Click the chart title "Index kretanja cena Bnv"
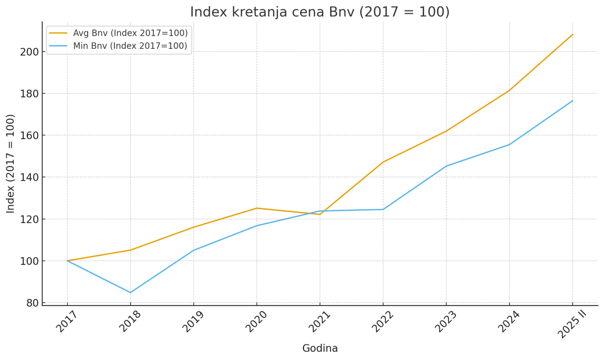point(319,12)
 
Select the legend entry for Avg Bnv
point(130,33)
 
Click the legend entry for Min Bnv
point(130,46)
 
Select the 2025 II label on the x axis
point(571,324)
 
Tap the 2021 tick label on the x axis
point(319,321)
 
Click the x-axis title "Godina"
point(320,348)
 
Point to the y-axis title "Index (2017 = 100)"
point(11,164)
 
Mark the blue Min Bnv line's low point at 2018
point(130,292)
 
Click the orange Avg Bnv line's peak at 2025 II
point(572,34)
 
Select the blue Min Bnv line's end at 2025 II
point(572,101)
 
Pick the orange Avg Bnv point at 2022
point(383,162)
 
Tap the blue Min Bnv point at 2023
point(446,166)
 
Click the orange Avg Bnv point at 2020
point(257,208)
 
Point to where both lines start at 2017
point(67,261)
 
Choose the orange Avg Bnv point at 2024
point(509,90)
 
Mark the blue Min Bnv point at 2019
point(193,250)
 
